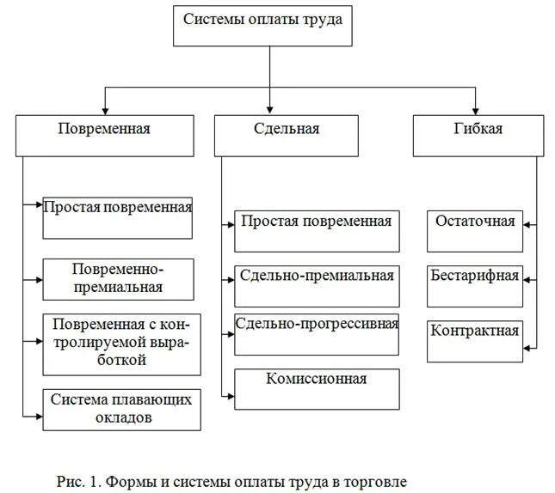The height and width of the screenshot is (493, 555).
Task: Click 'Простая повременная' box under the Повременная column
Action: click(x=118, y=218)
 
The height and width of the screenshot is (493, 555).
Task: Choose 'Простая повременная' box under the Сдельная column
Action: click(x=316, y=230)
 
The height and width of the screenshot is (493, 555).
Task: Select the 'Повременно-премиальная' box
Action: click(x=118, y=279)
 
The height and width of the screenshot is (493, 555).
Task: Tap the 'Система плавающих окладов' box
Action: click(x=121, y=409)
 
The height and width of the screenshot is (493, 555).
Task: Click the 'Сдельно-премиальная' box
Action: click(x=316, y=286)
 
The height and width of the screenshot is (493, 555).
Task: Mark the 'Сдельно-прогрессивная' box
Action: click(x=316, y=334)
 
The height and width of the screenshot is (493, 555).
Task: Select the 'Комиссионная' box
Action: click(x=316, y=388)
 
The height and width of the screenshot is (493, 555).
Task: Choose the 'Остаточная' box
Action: click(x=474, y=231)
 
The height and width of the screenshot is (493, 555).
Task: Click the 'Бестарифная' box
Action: click(x=474, y=286)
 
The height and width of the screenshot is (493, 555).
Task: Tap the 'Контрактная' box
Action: click(x=474, y=340)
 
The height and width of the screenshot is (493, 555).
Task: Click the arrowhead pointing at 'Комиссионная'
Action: click(x=230, y=395)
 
